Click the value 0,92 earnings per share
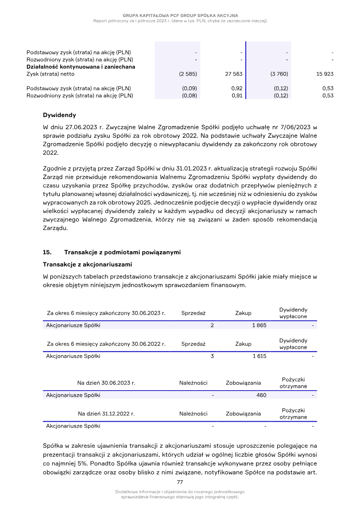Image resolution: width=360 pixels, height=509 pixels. coord(237,89)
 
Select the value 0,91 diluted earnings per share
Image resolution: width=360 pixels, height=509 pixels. coord(237,95)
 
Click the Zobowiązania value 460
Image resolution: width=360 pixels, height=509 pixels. coord(261,395)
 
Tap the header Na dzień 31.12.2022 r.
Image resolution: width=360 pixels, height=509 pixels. coord(106,414)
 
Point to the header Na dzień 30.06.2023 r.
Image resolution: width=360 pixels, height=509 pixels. coord(106,383)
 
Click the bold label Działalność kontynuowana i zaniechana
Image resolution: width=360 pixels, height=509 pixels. coord(81,67)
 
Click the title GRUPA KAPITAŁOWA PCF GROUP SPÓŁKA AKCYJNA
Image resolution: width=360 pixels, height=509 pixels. coord(180,16)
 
